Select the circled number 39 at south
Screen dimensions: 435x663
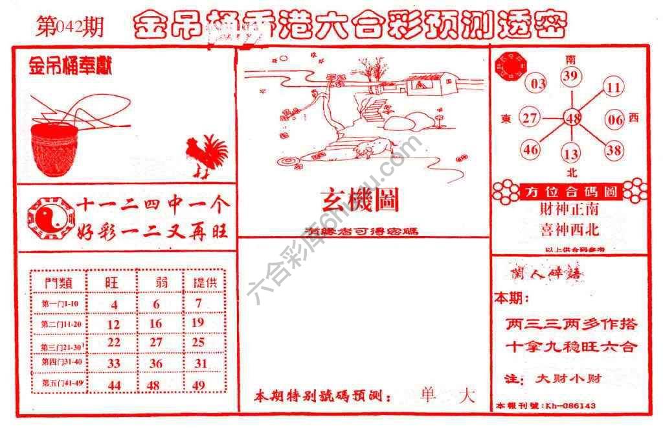pos(570,77)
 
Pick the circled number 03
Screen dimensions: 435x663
pos(538,84)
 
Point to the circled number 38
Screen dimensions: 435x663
pos(613,150)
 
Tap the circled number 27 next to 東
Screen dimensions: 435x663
pos(530,119)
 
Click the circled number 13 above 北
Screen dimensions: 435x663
pos(571,154)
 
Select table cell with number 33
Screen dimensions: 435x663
pos(114,364)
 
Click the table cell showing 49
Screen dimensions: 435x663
pos(199,385)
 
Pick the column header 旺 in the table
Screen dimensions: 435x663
pos(113,282)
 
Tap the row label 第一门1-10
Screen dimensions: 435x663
pos(60,303)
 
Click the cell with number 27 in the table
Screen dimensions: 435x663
pos(155,342)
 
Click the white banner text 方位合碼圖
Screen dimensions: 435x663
pos(570,192)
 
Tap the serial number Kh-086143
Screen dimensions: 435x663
pos(570,406)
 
